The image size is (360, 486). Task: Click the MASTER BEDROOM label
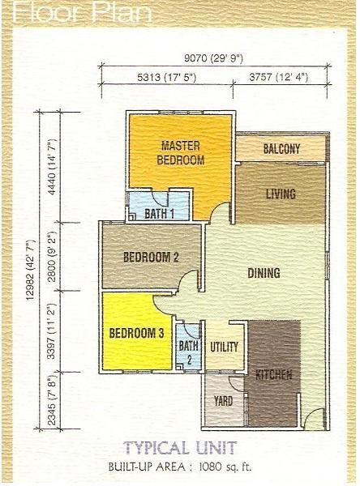[x=180, y=153]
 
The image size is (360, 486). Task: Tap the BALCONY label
[x=281, y=149]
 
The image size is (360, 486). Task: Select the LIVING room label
[x=281, y=194]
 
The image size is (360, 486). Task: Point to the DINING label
[x=264, y=273]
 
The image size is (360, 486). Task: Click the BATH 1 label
[x=159, y=214]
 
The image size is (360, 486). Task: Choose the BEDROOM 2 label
[x=151, y=257]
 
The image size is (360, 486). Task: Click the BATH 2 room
[x=188, y=347]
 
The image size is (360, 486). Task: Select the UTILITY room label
[x=224, y=347]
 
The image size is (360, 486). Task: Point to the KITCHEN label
[x=274, y=375]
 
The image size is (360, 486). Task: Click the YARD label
[x=223, y=401]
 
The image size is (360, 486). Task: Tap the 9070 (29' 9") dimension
[x=213, y=58]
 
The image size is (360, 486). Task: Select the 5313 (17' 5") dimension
[x=167, y=77]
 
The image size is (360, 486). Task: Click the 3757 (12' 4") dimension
[x=279, y=77]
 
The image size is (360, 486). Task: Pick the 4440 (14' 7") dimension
[x=52, y=167]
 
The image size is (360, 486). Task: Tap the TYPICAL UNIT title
[x=180, y=448]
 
